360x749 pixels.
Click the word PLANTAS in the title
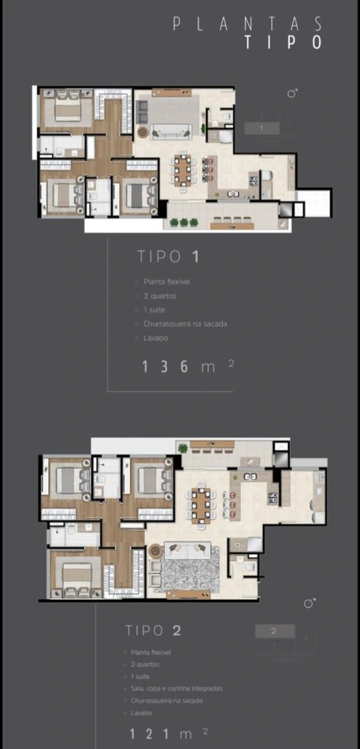(248, 24)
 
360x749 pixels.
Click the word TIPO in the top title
(283, 42)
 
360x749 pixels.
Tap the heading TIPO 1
(169, 256)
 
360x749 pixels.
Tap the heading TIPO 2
(153, 630)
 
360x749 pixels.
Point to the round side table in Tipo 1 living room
(143, 131)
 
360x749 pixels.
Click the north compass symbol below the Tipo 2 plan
(309, 603)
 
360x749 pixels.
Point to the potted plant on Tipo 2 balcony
(183, 448)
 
